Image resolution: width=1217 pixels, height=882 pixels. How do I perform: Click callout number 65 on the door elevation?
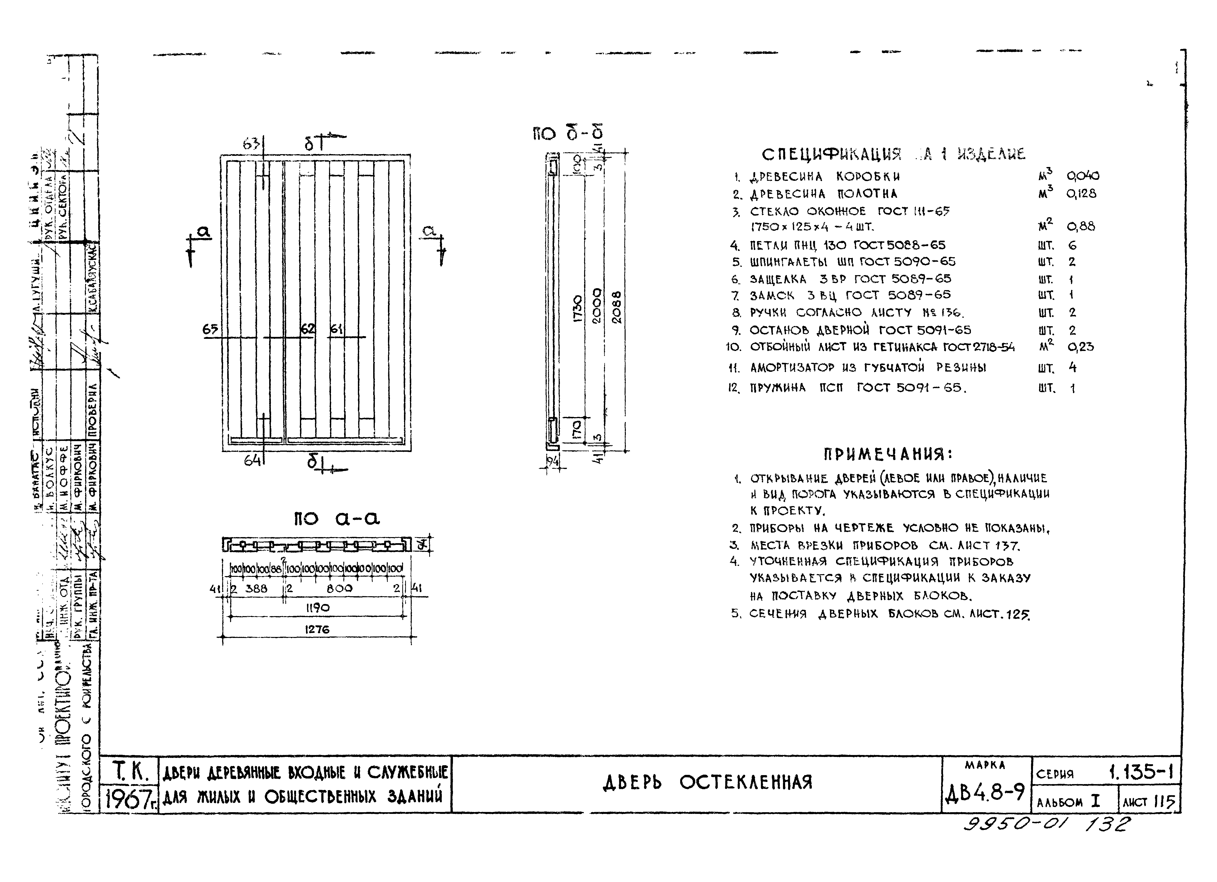pyautogui.click(x=210, y=329)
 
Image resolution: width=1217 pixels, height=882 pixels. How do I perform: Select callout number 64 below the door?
pyautogui.click(x=252, y=460)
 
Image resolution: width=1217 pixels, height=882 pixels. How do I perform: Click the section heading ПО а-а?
pyautogui.click(x=337, y=518)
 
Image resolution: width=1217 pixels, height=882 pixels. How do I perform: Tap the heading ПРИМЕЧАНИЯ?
pyautogui.click(x=887, y=454)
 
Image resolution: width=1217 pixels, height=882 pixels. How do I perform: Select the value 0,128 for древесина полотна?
pyautogui.click(x=1081, y=194)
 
